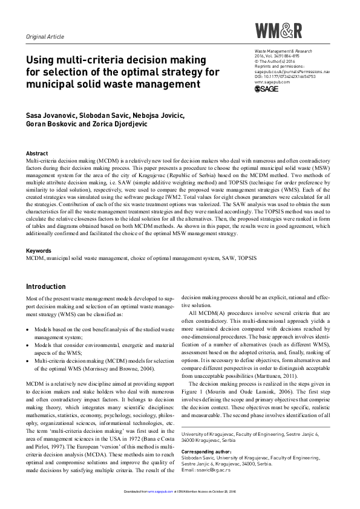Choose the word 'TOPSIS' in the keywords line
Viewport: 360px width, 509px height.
[x=245, y=258]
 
